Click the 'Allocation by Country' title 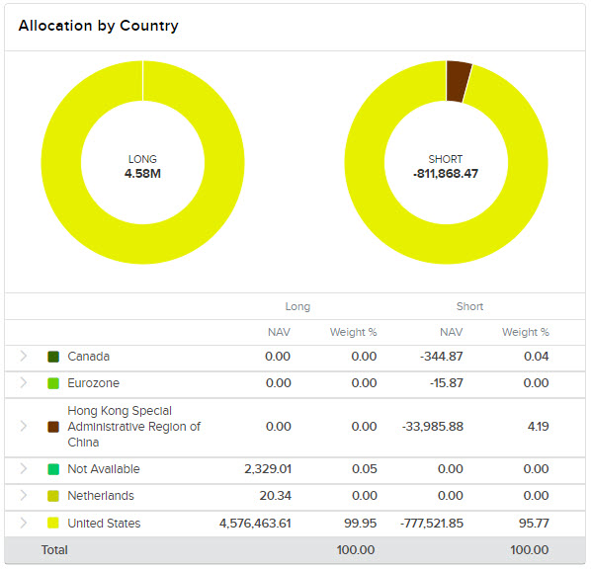(x=99, y=26)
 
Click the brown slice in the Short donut (x=459, y=81)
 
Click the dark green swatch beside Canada (x=53, y=357)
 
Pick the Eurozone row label (x=94, y=383)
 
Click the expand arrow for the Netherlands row (x=24, y=496)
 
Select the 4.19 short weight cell (x=537, y=427)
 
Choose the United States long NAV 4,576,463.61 (x=255, y=524)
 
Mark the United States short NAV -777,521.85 (x=422, y=524)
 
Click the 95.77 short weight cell (x=533, y=524)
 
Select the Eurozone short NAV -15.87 (x=442, y=383)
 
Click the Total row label (x=54, y=549)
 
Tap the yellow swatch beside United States (x=53, y=524)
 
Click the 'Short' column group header (x=469, y=306)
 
